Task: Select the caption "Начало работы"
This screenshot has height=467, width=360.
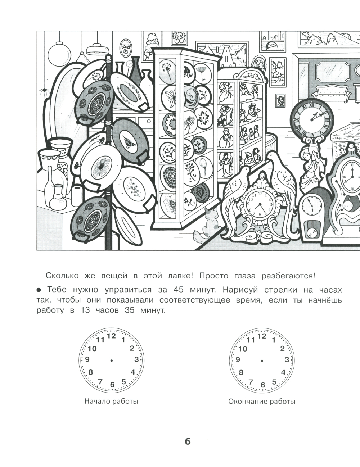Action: click(x=111, y=402)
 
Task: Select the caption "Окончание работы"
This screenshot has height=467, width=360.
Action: click(x=262, y=402)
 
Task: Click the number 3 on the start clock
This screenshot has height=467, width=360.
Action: click(x=136, y=359)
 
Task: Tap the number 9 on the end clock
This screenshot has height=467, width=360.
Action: click(x=238, y=359)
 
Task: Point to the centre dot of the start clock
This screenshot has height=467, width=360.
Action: click(x=111, y=361)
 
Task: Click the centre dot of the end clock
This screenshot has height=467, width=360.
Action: click(x=262, y=361)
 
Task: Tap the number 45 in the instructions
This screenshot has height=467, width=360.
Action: click(x=178, y=290)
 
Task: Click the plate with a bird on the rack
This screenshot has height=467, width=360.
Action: click(x=130, y=140)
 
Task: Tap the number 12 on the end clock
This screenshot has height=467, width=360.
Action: click(x=262, y=336)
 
